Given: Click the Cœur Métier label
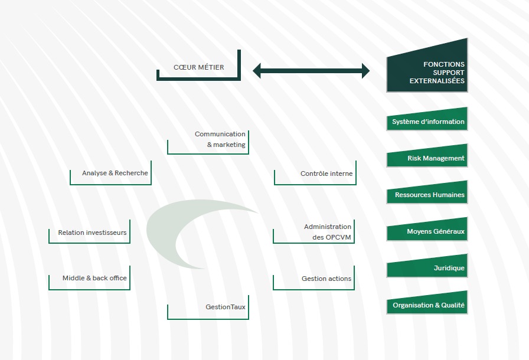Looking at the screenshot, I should click(198, 67).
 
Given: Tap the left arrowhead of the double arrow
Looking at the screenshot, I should click(257, 71).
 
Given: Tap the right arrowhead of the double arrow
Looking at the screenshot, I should click(365, 71).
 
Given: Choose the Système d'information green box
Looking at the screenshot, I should click(427, 122).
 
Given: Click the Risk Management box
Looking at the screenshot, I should click(427, 158).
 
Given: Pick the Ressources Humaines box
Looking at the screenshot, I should click(427, 195).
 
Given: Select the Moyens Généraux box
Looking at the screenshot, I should click(427, 231).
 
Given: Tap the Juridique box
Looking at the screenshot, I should click(427, 268).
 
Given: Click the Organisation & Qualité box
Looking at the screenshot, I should click(427, 305).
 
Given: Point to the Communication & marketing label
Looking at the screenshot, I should click(220, 139).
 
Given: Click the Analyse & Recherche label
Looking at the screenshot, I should click(115, 173).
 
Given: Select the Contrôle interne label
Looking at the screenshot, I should click(326, 174).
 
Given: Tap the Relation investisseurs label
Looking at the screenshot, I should click(92, 233).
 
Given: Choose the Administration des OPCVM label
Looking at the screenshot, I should click(327, 232).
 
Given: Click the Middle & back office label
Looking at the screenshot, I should click(94, 278).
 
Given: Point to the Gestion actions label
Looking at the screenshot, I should click(326, 279).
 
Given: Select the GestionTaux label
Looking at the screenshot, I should click(225, 307).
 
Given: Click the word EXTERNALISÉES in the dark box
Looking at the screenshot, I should click(437, 81).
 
